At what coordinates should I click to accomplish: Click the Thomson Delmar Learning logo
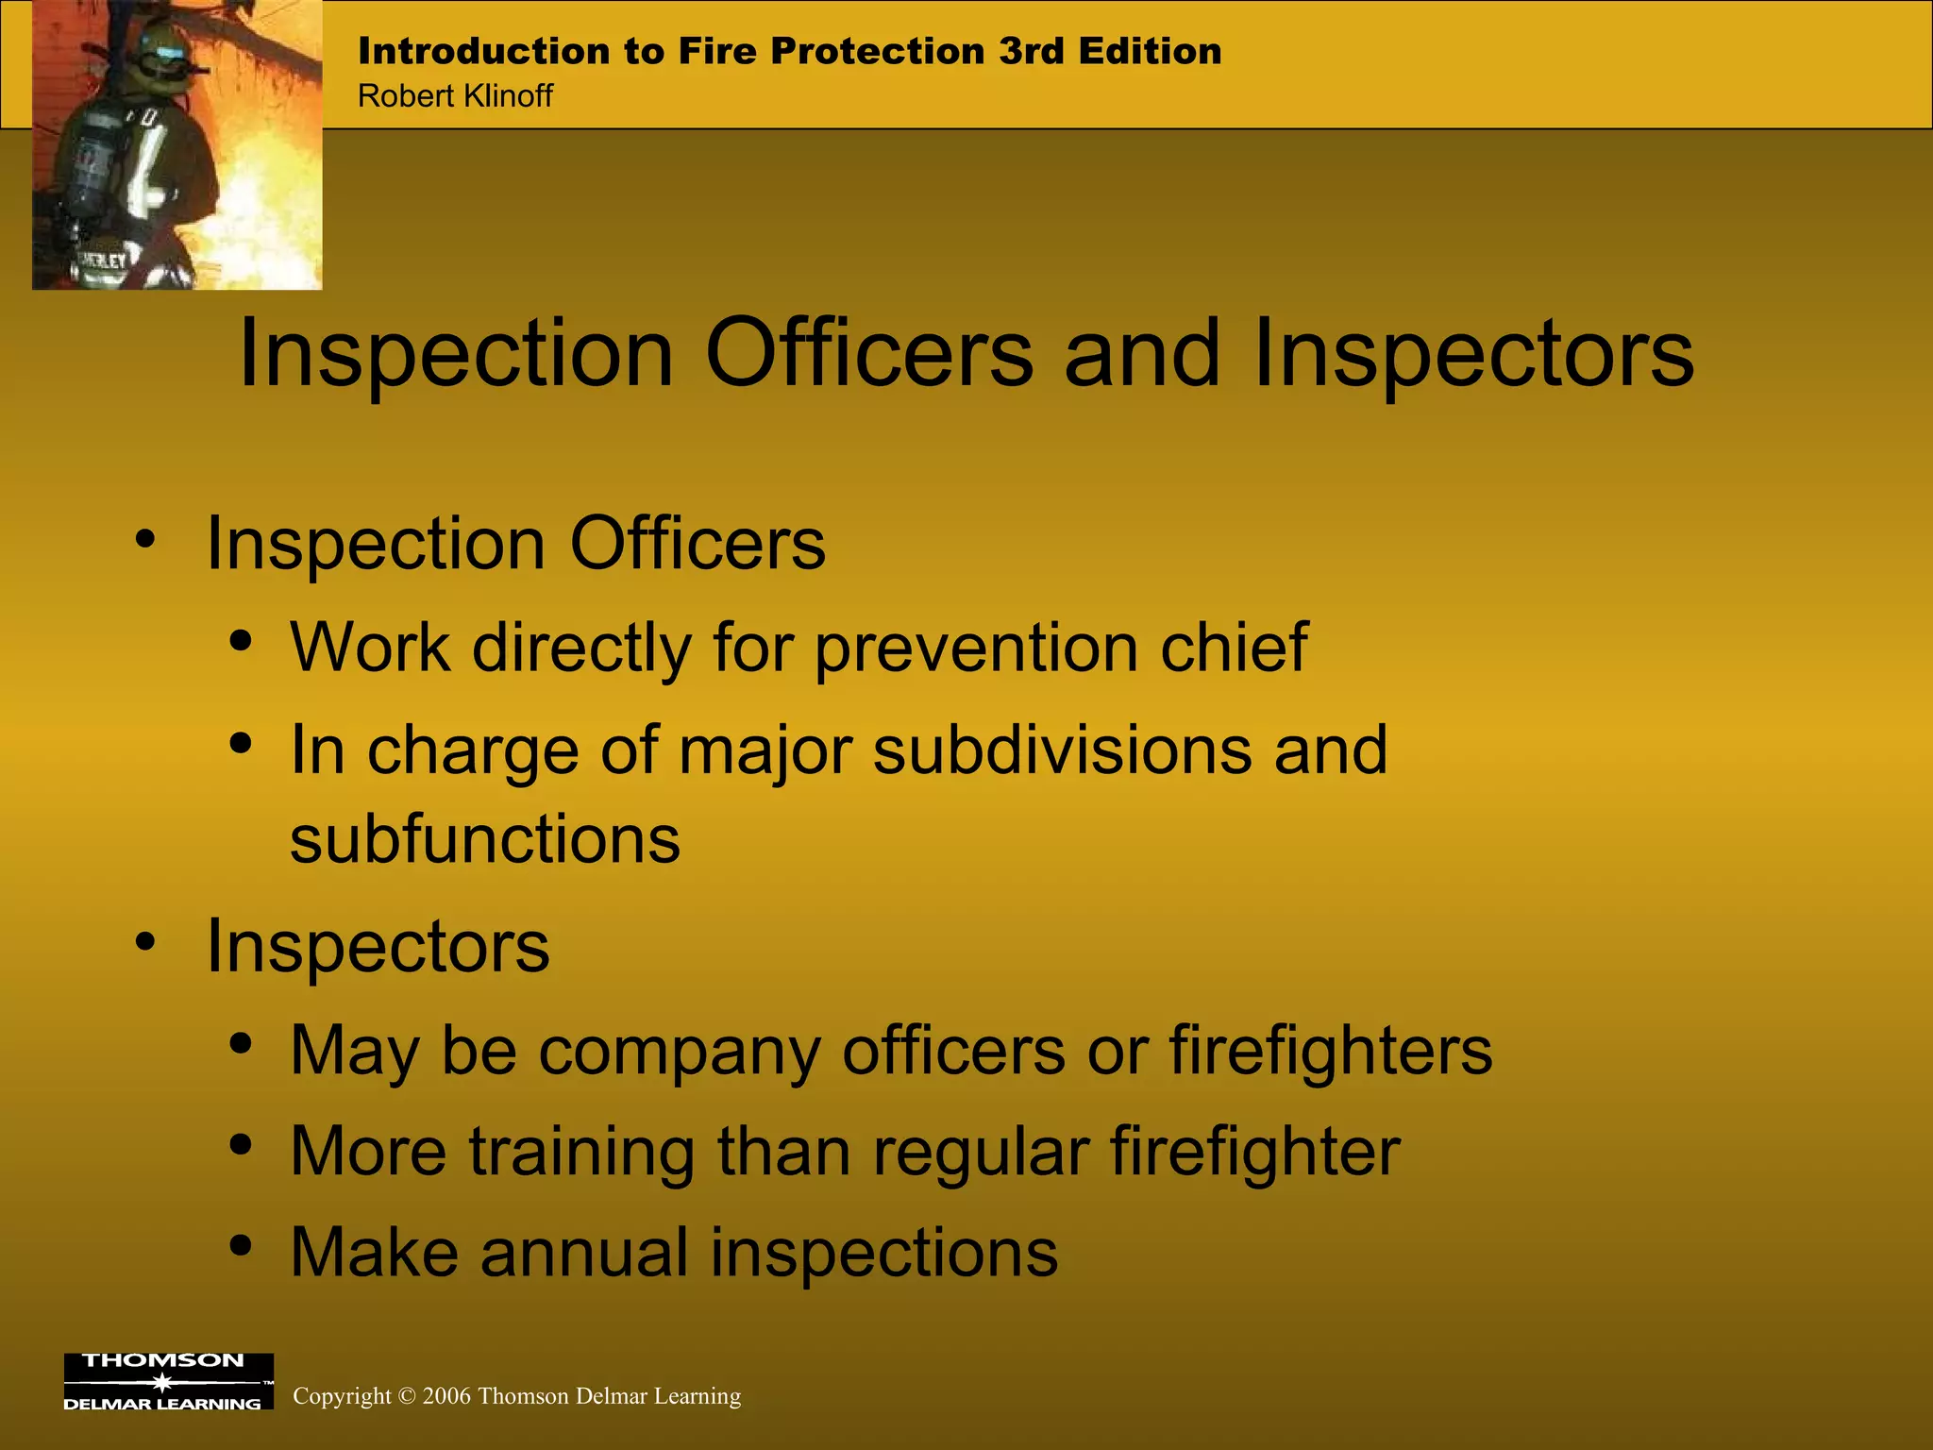168,1382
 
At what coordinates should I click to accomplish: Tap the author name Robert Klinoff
455,96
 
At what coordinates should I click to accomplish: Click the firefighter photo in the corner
177,144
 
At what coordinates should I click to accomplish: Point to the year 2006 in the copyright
446,1396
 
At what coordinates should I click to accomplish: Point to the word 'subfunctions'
484,839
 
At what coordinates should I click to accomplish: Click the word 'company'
679,1051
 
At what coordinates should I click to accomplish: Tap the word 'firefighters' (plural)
1330,1051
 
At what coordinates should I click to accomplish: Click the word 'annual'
584,1253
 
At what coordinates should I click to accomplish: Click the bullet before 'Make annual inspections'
241,1246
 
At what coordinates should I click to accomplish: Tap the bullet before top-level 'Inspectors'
144,941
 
